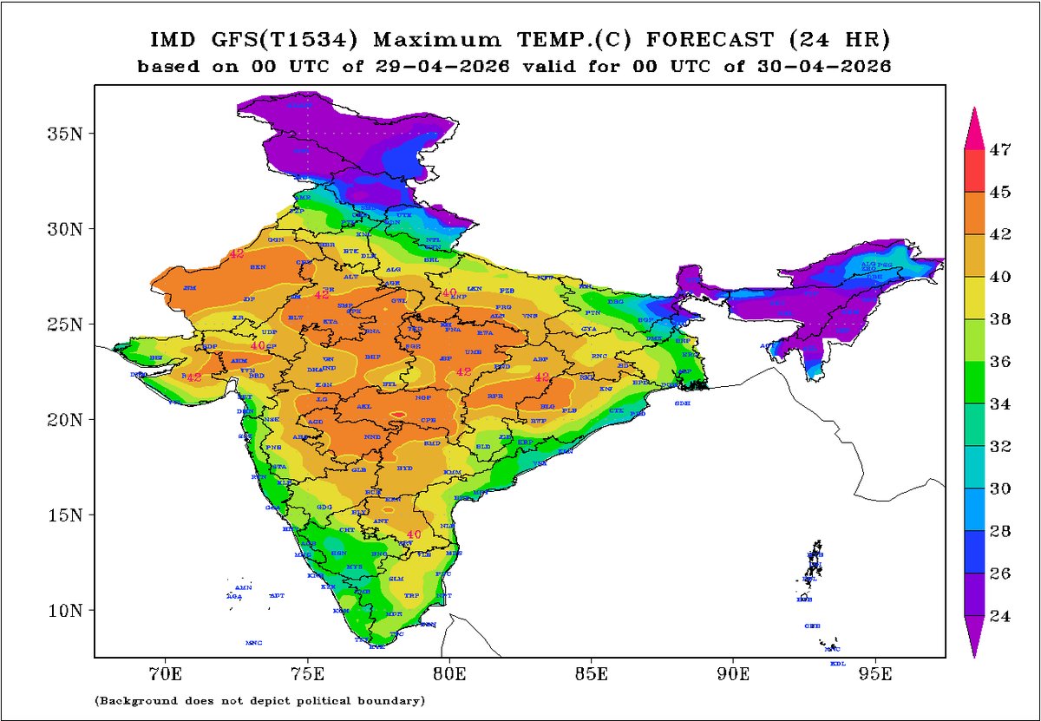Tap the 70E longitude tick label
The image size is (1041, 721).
pyautogui.click(x=165, y=672)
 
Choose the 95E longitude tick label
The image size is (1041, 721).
pyautogui.click(x=875, y=672)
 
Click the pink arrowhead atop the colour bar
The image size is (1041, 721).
pyautogui.click(x=975, y=126)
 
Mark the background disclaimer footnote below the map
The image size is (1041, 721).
pyautogui.click(x=259, y=699)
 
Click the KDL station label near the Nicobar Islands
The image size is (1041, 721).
pyautogui.click(x=837, y=664)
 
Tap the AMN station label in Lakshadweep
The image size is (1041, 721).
pyautogui.click(x=244, y=587)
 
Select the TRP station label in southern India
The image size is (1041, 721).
pyautogui.click(x=411, y=596)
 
